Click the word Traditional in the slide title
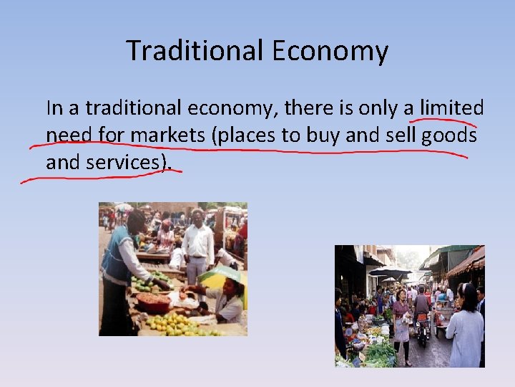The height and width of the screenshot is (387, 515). pos(195,51)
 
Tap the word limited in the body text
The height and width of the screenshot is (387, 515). pos(452,108)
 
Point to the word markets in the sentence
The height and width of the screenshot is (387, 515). pos(170,135)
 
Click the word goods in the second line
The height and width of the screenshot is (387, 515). pos(449,135)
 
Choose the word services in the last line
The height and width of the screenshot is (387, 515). pos(126,163)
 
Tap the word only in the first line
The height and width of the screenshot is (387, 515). pos(378,108)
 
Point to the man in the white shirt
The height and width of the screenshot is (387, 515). pos(197,244)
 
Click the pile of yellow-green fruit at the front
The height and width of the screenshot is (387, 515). pos(175,324)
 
